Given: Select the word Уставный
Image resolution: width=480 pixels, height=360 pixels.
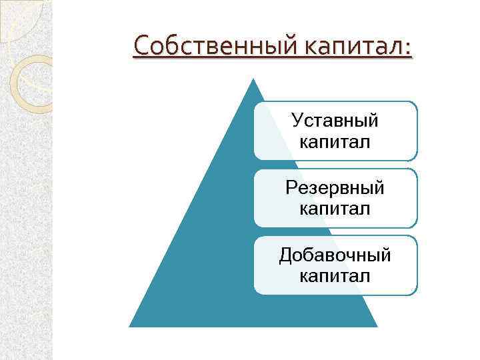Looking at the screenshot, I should [x=335, y=121].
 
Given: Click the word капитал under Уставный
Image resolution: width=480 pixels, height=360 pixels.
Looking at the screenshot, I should [x=335, y=141].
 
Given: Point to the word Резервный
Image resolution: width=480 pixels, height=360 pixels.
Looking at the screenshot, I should [x=335, y=189].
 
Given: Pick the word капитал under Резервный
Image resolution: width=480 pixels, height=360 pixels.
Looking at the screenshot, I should [x=335, y=209].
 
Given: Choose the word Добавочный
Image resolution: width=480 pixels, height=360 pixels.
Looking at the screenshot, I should [x=335, y=255].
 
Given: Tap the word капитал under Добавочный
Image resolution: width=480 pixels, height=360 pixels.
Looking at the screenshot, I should [x=335, y=275].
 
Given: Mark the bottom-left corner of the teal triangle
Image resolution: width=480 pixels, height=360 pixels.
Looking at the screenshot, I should [x=130, y=325].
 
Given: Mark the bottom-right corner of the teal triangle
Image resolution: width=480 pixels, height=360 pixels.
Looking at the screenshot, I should [x=377, y=325].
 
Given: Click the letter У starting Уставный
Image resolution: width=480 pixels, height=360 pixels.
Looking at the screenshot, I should [x=298, y=121].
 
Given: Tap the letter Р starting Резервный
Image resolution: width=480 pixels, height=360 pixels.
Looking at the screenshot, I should [x=291, y=188].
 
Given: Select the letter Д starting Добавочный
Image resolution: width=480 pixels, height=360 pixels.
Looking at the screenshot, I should [x=285, y=255].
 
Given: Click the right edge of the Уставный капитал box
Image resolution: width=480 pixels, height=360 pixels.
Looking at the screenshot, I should [x=417, y=131].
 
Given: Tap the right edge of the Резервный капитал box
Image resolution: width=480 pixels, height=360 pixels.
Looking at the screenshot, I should [x=417, y=198].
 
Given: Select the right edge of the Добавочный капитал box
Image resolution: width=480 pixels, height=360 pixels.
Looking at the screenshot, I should [x=417, y=265].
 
